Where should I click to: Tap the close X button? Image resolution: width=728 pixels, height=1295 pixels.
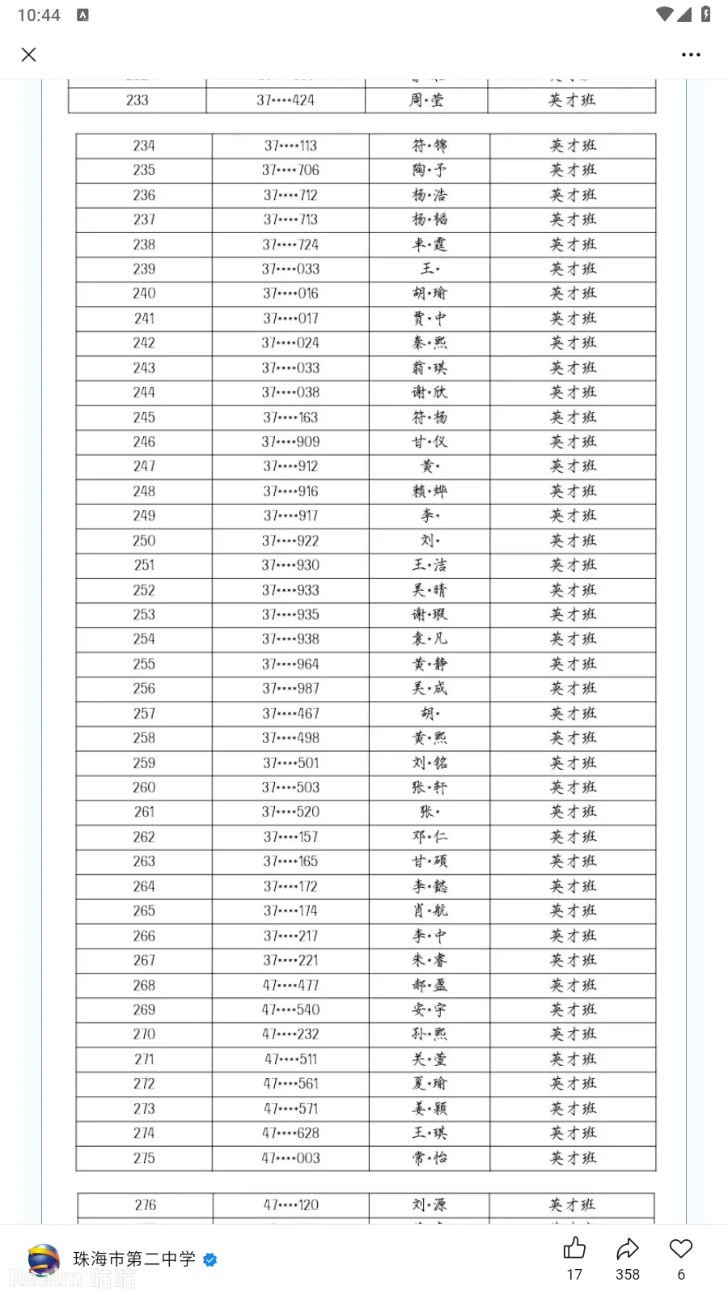(29, 55)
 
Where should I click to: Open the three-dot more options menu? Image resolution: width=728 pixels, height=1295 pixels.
(691, 55)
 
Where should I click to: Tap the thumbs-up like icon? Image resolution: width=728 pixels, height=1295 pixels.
(574, 1249)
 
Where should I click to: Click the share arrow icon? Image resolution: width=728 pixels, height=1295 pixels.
(628, 1249)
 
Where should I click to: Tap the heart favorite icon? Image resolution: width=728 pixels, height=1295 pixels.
(681, 1249)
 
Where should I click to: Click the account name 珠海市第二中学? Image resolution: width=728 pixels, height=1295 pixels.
(134, 1259)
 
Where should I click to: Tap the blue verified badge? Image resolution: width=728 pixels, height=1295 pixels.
(210, 1259)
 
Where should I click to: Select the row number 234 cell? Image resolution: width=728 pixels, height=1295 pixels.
(144, 146)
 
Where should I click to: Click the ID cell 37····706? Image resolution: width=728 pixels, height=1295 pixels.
(290, 170)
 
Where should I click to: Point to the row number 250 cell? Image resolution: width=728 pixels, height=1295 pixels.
(144, 541)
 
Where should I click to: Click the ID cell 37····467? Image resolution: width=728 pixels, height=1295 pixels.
(290, 713)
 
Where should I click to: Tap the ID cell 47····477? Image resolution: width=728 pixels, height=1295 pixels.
(290, 985)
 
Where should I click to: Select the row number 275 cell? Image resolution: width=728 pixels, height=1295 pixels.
(144, 1158)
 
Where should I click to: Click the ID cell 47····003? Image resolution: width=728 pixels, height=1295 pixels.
(290, 1158)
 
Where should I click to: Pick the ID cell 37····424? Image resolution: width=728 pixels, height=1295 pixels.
(286, 100)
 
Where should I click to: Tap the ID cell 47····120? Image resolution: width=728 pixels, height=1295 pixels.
(290, 1205)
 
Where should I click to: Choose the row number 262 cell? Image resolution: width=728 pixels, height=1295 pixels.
(144, 837)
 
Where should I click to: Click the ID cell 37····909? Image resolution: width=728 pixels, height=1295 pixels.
(290, 442)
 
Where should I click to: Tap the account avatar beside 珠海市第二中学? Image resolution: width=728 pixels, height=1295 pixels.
(44, 1260)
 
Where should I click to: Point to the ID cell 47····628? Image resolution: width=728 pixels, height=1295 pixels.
(290, 1133)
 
